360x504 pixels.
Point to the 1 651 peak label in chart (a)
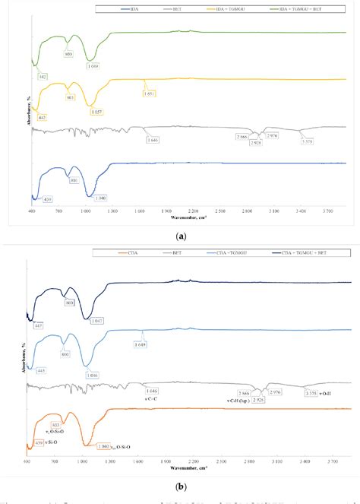(x=150, y=94)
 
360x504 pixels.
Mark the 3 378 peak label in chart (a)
(x=307, y=141)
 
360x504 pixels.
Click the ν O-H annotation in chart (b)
(x=325, y=393)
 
